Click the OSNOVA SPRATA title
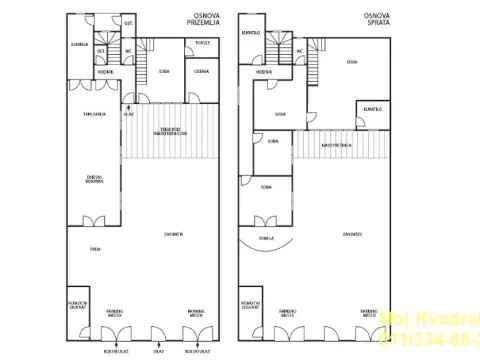pyautogui.click(x=376, y=20)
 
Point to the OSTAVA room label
pyautogui.click(x=201, y=72)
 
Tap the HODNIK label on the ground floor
pyautogui.click(x=105, y=72)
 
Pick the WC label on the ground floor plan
pyautogui.click(x=129, y=50)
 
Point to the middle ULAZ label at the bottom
pyautogui.click(x=158, y=351)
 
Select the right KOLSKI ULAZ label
pyautogui.click(x=196, y=351)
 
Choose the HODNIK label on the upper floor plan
pyautogui.click(x=264, y=72)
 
